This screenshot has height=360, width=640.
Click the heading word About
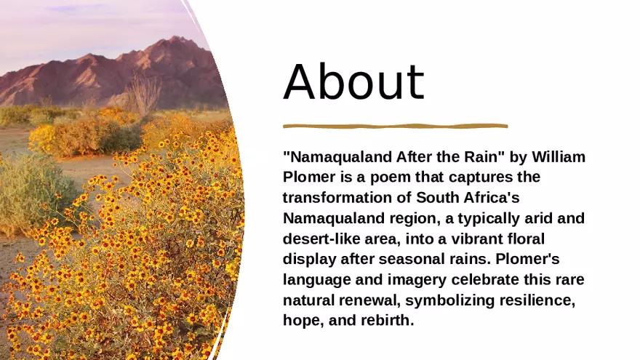[x=353, y=81]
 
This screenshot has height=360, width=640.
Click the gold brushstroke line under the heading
[x=395, y=126]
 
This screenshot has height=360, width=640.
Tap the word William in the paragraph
[x=559, y=156]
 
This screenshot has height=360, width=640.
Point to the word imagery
[x=419, y=279]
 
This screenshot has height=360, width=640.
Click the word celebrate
[x=486, y=279]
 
